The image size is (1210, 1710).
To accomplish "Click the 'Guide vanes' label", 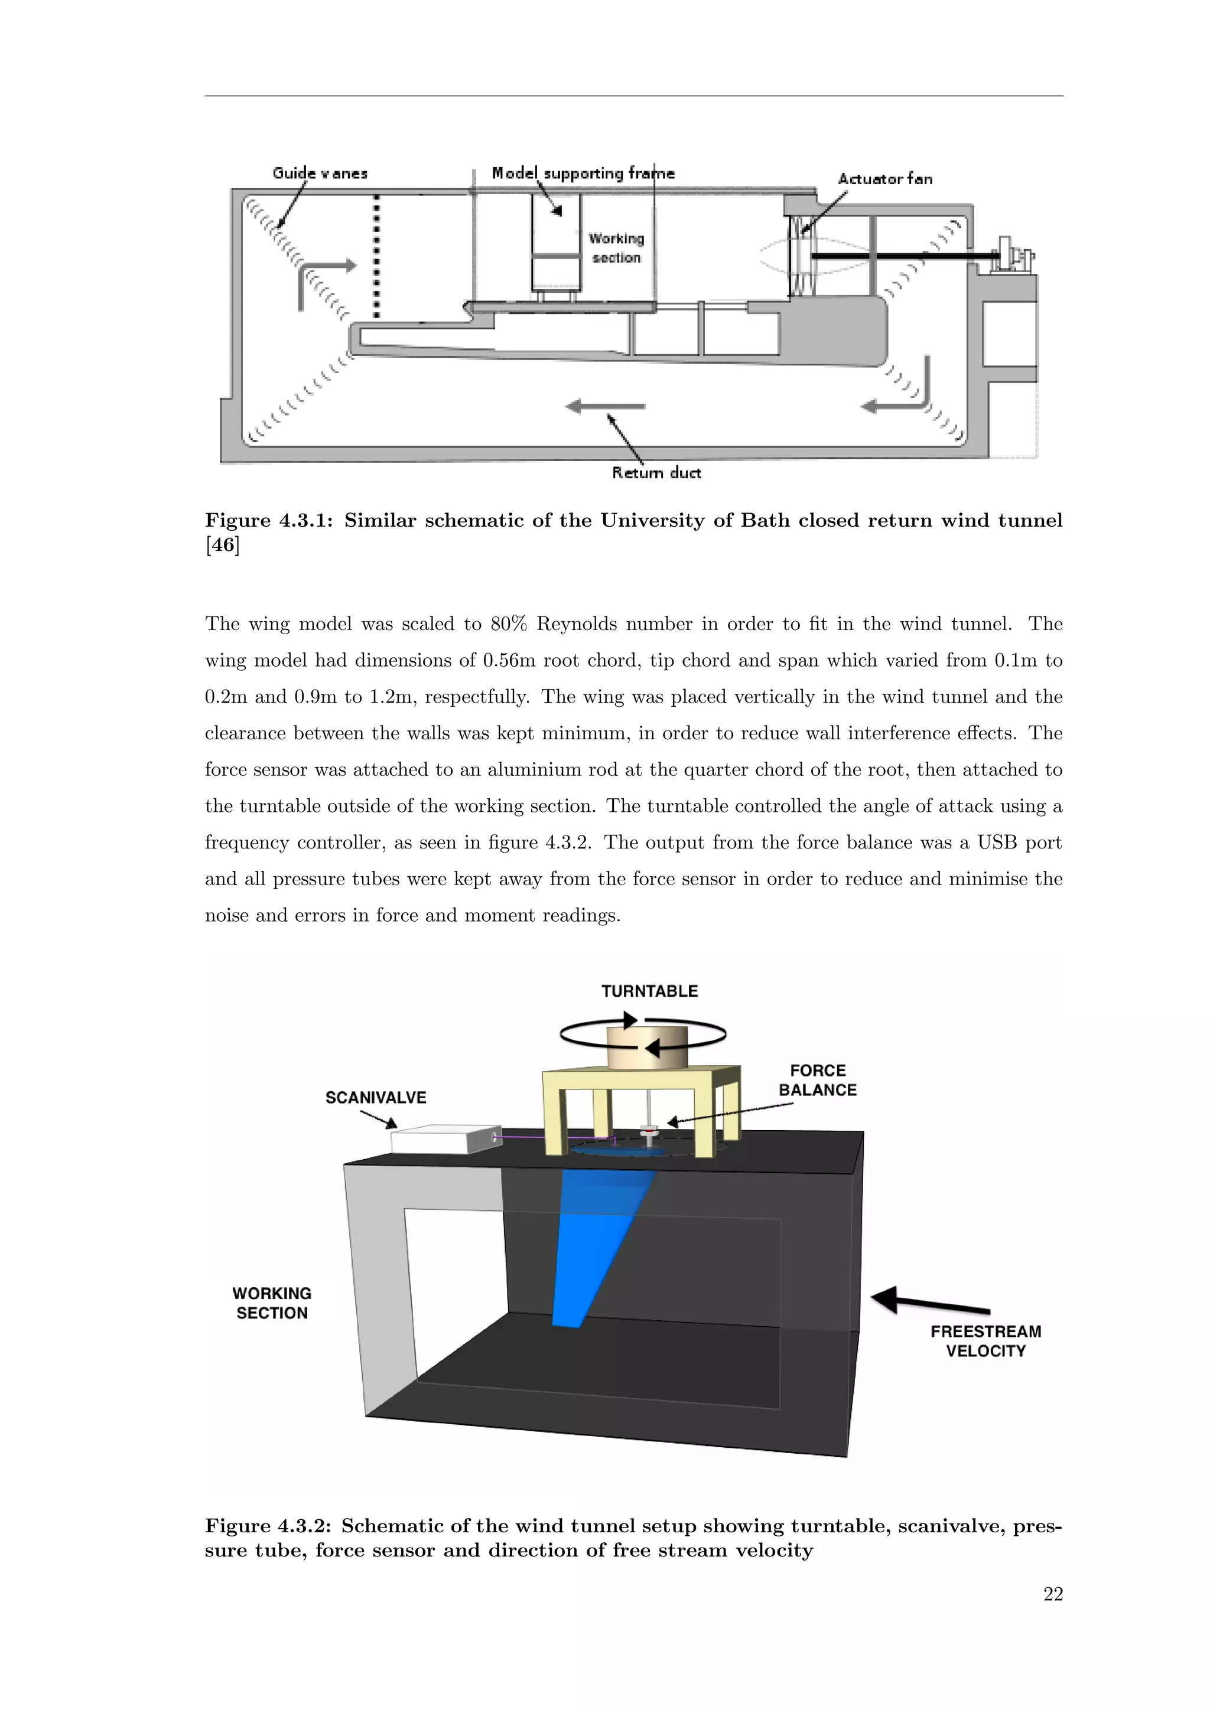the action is click(x=320, y=174).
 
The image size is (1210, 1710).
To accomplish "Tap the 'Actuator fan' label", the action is click(x=884, y=179).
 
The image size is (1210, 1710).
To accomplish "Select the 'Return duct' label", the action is click(x=656, y=473).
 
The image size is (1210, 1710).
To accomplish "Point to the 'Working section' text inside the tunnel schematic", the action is click(x=616, y=248).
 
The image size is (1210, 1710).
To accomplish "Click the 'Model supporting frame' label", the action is click(x=583, y=174).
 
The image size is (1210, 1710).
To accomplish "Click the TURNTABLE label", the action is click(x=650, y=991).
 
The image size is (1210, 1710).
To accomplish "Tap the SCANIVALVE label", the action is click(x=376, y=1098).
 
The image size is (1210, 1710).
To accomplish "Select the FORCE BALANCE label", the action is click(x=817, y=1081).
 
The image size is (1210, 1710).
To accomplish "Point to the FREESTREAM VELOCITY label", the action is click(x=985, y=1342).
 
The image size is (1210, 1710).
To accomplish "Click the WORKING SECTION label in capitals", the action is click(x=272, y=1303).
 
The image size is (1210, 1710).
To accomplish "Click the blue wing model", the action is click(x=596, y=1244).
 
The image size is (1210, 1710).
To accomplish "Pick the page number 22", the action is click(x=1053, y=1594).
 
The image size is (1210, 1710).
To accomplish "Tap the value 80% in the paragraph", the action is click(x=508, y=624).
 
